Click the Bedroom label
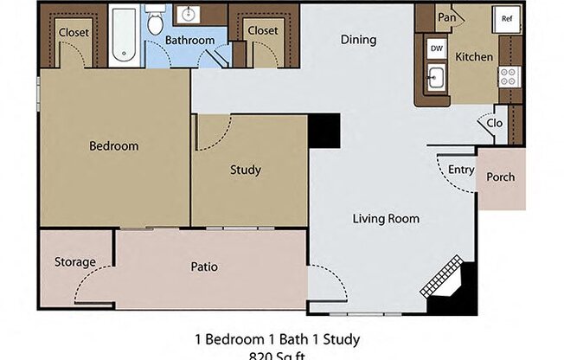tap(113, 146)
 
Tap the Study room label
tap(245, 170)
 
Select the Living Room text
tap(386, 219)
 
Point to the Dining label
tap(358, 40)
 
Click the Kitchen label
tap(474, 57)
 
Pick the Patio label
tap(204, 267)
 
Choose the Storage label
tap(75, 262)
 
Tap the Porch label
tap(500, 177)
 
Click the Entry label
tap(460, 170)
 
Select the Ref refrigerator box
tap(506, 19)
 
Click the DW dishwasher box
tap(436, 49)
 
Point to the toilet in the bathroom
tap(156, 22)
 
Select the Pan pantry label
tap(446, 17)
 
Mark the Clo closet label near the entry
tap(494, 123)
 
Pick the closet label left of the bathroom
tap(74, 31)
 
